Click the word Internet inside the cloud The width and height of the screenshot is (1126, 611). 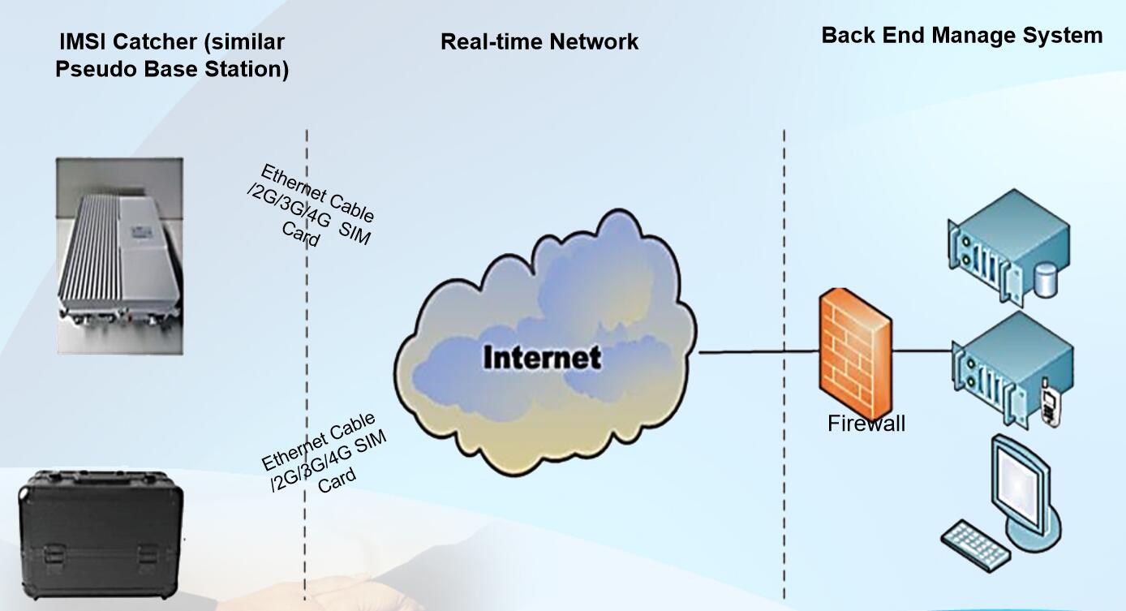[542, 358]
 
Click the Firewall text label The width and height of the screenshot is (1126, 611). [866, 424]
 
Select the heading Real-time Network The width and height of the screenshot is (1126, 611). [539, 42]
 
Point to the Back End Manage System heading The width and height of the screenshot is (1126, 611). [961, 36]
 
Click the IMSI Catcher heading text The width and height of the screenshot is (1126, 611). [172, 55]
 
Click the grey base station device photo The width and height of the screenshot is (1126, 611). [119, 255]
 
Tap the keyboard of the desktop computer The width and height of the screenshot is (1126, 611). [976, 543]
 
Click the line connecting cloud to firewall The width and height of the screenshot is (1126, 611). [754, 353]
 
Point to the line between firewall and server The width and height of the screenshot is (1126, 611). [921, 351]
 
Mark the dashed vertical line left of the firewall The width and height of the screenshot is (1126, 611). [784, 243]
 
